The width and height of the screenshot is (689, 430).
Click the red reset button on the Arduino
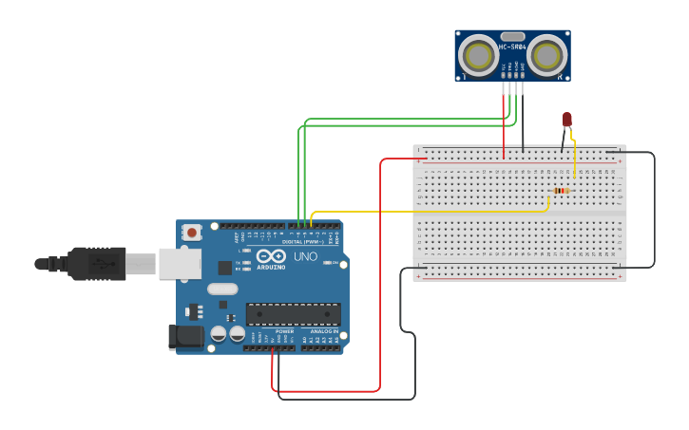(193, 232)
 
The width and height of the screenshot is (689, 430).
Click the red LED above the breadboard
(567, 120)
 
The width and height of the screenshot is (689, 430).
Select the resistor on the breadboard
(561, 191)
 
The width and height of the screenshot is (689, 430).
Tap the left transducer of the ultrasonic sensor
(478, 56)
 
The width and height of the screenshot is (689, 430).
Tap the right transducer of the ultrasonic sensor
(548, 56)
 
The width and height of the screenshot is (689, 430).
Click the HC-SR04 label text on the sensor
(512, 47)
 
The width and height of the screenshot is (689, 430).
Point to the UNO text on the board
(305, 257)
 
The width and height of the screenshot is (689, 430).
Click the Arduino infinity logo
(271, 256)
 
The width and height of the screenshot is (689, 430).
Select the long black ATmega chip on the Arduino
(293, 314)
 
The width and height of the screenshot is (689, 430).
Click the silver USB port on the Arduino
(179, 264)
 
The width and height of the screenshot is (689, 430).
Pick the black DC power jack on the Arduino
(184, 336)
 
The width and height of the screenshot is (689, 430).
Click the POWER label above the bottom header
(284, 331)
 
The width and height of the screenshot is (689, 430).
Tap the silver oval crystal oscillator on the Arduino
(221, 289)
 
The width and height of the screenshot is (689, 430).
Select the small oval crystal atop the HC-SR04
(512, 35)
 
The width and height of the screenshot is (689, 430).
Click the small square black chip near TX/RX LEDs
(224, 268)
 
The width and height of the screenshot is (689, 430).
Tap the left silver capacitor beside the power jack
(219, 333)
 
